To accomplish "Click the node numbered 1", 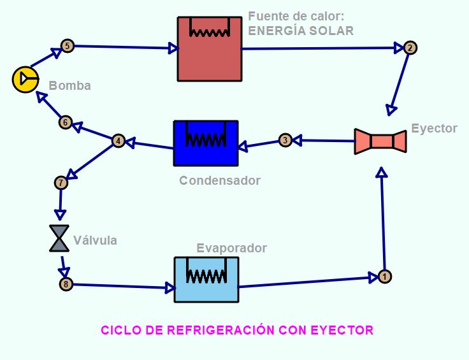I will coord(384,277).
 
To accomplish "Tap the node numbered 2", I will coord(410,48).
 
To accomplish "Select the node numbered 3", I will coord(285,140).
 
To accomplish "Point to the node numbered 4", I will coord(118,141).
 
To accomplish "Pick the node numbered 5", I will coord(67,45).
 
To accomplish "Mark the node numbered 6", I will coord(65,122).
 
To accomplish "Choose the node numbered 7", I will coord(61,183).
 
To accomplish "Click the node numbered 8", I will coord(65,284).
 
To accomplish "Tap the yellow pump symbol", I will coord(25,79).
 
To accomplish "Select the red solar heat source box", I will coord(210,49).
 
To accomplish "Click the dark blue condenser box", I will coord(206,143).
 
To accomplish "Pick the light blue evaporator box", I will coord(206,279).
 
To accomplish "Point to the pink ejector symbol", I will coord(381,141).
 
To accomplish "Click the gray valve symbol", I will coord(59,238).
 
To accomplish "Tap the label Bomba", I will coord(69,86).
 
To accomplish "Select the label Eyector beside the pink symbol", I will coord(434,128).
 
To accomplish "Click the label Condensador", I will coord(220,180).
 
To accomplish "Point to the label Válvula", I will coord(95,240).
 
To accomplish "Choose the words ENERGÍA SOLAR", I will coord(301,31).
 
